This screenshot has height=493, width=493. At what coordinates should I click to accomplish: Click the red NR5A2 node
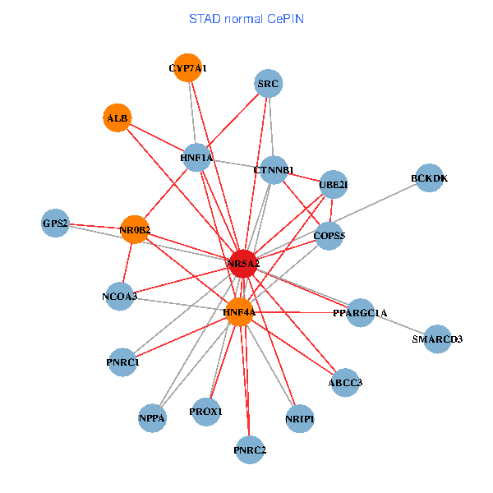coord(243,263)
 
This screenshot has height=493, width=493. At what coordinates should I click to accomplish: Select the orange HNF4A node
coord(239,312)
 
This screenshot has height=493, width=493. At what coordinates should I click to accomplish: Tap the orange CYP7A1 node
coord(188,68)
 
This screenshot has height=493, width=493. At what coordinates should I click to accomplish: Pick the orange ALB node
coord(117,118)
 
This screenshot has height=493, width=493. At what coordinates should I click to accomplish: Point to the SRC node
coord(269,84)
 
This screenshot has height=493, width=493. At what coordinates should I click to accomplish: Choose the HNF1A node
coord(196,157)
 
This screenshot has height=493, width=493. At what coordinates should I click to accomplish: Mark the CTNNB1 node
coord(274,170)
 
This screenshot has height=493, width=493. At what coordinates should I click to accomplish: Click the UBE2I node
coord(334,185)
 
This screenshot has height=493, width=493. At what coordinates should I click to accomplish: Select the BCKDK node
coord(430,178)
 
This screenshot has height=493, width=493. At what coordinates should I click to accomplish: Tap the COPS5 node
coord(329,236)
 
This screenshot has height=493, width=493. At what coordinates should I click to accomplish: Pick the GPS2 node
coord(55,223)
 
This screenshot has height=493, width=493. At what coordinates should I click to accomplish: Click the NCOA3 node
coord(120,296)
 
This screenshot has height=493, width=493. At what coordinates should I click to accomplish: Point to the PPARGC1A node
coord(360,313)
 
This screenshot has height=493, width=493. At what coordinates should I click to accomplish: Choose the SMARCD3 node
coord(437,339)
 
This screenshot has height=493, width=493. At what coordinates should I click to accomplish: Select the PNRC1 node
coord(122,362)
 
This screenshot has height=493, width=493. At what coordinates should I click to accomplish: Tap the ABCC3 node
coord(345,382)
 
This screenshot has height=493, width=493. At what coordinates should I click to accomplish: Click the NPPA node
coord(153,418)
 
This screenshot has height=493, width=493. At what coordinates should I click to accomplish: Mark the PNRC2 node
coord(250,449)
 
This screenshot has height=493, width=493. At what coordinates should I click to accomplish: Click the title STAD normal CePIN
coord(246,18)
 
